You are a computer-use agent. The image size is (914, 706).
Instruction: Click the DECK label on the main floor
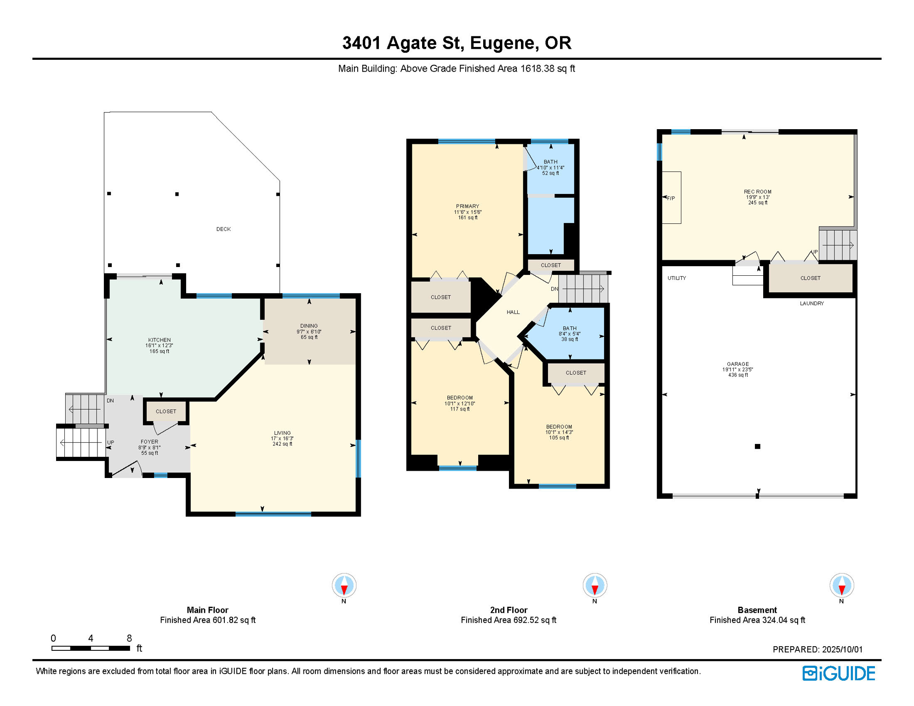[x=223, y=229]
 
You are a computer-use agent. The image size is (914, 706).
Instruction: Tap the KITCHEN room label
[x=160, y=340]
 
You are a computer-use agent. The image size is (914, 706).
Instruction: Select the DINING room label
[x=309, y=326]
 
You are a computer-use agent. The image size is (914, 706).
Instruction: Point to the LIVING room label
[x=282, y=433]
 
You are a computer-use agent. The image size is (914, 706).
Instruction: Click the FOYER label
[x=149, y=442]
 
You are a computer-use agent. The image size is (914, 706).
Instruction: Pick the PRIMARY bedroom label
[x=468, y=206]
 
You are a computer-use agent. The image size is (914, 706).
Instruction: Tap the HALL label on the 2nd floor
[x=513, y=312]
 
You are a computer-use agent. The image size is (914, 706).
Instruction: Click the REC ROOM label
[x=758, y=192]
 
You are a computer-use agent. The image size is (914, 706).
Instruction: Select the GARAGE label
[x=738, y=364]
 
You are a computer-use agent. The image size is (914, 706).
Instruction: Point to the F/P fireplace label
[x=671, y=199]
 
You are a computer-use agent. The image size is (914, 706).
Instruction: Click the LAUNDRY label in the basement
[x=812, y=303]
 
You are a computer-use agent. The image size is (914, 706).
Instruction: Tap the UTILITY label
[x=677, y=278]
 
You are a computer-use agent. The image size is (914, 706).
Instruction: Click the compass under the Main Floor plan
[x=344, y=586]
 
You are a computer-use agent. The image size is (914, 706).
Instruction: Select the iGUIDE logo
[x=839, y=673]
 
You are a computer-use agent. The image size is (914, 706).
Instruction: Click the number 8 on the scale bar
[x=129, y=638]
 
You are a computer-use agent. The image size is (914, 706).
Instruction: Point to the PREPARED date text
[x=817, y=649]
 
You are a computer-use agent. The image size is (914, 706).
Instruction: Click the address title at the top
[x=457, y=43]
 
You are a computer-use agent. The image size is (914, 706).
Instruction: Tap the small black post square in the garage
[x=758, y=446]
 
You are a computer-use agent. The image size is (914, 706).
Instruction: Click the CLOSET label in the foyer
[x=166, y=411]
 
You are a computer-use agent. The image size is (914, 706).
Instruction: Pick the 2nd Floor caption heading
[x=508, y=610]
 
